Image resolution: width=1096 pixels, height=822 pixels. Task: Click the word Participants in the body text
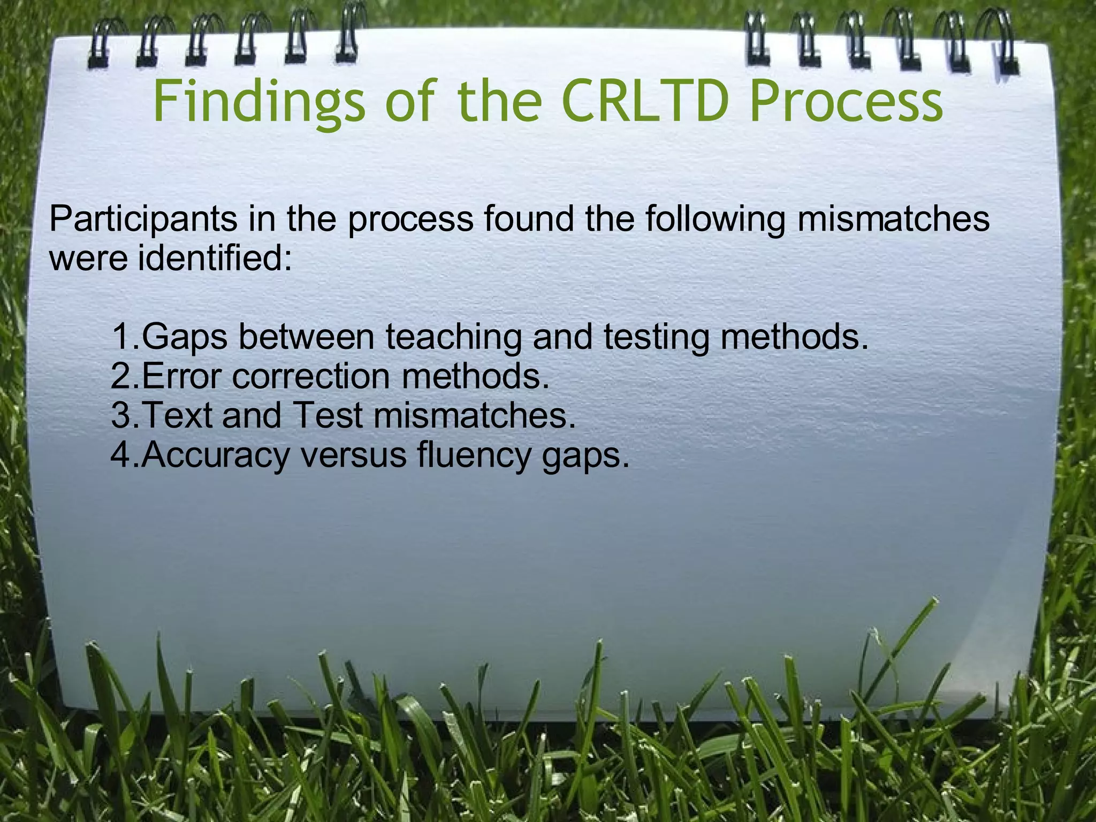(143, 219)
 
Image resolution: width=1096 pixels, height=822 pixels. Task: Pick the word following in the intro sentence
(714, 219)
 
